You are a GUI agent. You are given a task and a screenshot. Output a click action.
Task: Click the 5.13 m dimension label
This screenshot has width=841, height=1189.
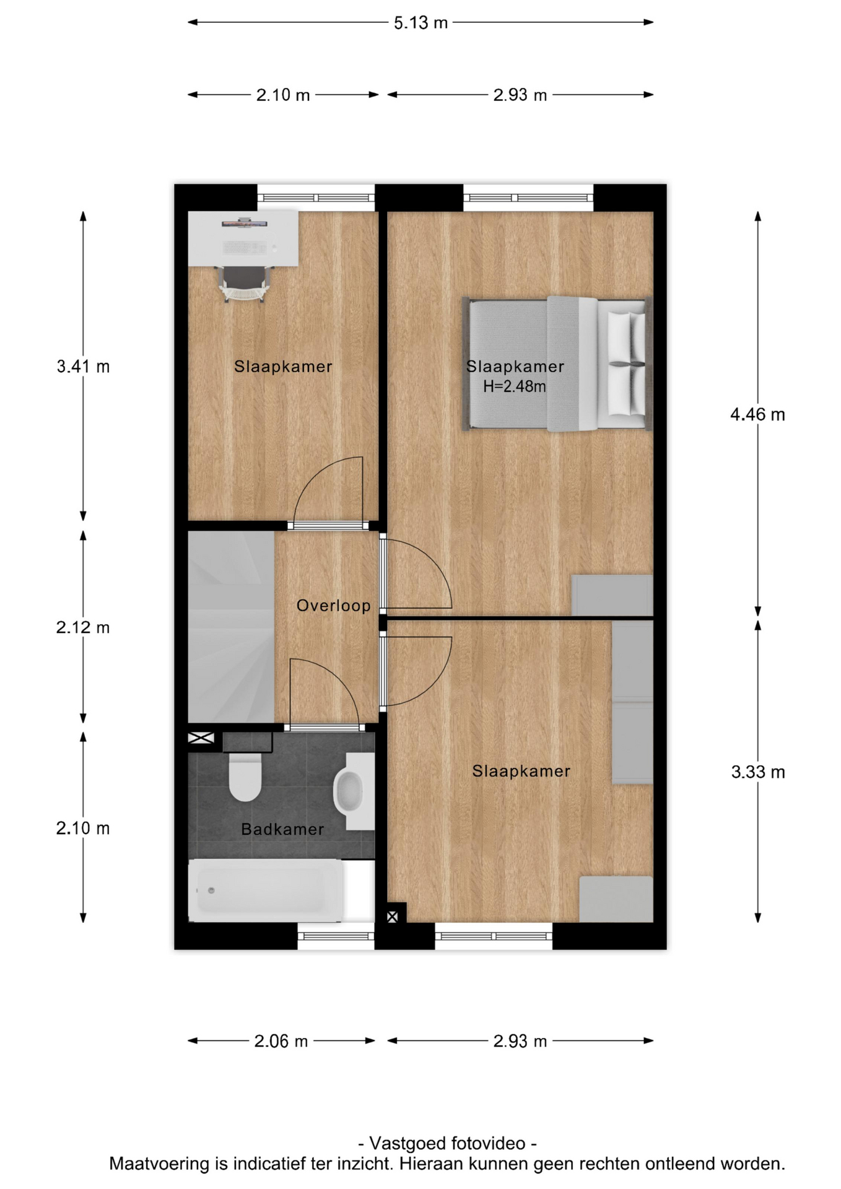pos(420,23)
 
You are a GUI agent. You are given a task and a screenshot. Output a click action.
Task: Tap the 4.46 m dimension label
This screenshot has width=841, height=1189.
pos(757,414)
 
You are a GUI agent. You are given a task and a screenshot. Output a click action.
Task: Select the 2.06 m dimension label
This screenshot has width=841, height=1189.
pos(281,1041)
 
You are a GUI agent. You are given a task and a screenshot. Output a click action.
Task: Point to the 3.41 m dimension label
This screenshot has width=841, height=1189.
pos(83,367)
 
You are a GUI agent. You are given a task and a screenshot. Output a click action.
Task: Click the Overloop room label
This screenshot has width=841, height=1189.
pos(333,606)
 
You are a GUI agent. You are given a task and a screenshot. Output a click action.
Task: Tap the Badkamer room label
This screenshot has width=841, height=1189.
pos(282,829)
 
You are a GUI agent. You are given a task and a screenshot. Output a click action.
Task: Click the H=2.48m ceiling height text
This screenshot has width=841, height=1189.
pos(515,386)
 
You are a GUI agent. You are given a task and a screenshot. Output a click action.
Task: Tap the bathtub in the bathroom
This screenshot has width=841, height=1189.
pos(266,891)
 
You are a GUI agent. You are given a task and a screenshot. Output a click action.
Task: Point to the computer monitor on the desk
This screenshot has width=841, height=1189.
pos(245,222)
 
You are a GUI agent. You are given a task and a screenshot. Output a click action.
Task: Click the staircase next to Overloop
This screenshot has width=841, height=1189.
pos(231,627)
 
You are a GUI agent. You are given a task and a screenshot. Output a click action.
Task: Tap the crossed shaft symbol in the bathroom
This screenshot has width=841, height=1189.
pos(201,738)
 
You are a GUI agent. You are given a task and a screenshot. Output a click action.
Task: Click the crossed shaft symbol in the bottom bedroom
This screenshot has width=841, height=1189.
pos(392,917)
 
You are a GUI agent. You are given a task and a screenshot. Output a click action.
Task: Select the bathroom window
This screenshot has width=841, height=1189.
pos(336,936)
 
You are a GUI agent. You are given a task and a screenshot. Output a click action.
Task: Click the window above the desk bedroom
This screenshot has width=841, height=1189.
pos(316,198)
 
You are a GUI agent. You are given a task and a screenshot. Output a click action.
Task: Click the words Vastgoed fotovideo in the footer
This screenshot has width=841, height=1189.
pos(447,1144)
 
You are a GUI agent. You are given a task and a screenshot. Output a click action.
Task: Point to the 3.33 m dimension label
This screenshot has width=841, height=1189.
pos(758,772)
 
